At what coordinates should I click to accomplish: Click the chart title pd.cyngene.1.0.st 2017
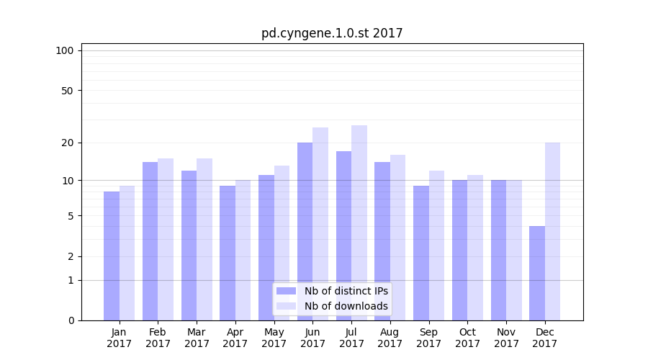click(332, 33)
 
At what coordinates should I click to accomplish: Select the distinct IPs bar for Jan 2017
click(112, 256)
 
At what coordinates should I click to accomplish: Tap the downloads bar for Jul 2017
click(359, 222)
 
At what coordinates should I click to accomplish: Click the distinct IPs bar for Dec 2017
click(537, 273)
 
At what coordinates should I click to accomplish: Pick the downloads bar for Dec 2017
click(552, 231)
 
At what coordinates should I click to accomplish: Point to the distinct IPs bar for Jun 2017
click(305, 231)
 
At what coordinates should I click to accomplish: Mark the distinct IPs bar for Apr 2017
click(228, 253)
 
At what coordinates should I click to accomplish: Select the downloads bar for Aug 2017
click(397, 238)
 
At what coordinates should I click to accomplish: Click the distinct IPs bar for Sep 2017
click(420, 253)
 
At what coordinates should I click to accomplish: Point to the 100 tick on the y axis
click(65, 50)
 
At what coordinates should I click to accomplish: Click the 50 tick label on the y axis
click(67, 91)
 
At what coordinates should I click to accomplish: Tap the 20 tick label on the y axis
click(67, 143)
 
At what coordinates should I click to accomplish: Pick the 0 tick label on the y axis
click(71, 320)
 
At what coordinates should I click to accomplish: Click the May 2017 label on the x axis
click(274, 338)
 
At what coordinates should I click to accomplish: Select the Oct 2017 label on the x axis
click(467, 338)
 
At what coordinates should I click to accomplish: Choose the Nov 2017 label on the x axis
click(506, 338)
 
